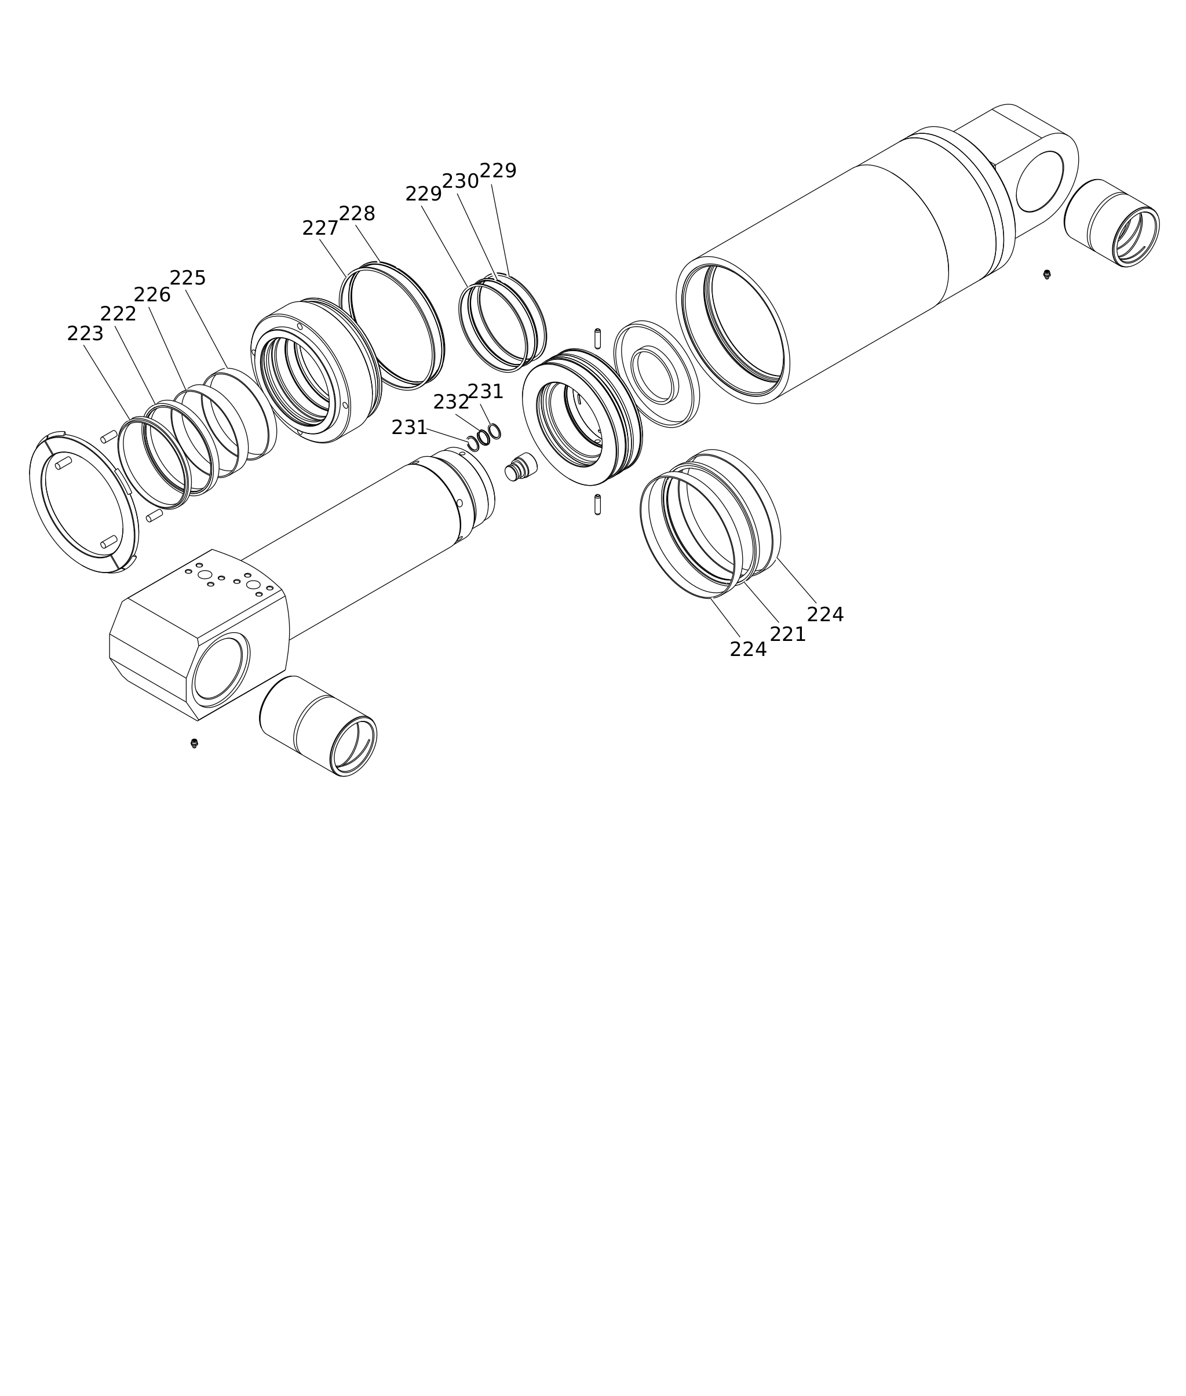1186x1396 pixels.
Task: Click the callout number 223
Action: (85, 334)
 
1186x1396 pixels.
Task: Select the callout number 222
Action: (118, 315)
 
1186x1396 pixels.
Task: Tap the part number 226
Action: (152, 295)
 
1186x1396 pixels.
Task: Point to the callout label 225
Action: (188, 278)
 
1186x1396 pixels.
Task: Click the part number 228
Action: (357, 214)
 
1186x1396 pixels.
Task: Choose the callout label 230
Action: (460, 181)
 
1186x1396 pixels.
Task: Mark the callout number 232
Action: (451, 402)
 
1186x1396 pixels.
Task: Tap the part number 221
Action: (788, 634)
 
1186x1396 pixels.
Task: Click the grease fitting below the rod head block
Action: (194, 743)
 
